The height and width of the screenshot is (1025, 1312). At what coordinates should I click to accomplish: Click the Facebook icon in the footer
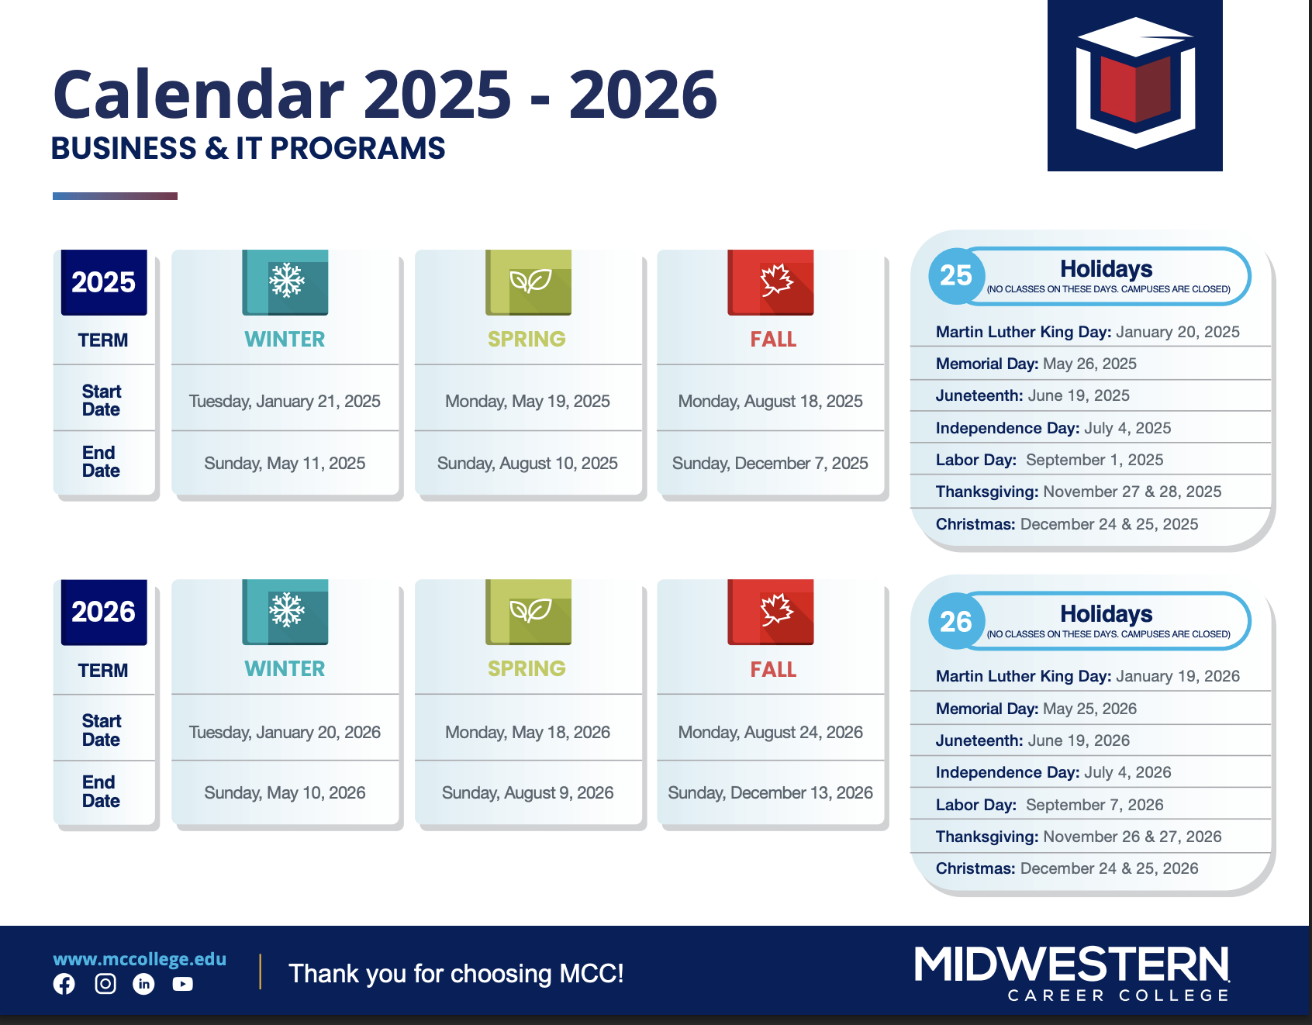pyautogui.click(x=64, y=984)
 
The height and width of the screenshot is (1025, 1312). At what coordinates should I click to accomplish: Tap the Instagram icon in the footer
pyautogui.click(x=105, y=984)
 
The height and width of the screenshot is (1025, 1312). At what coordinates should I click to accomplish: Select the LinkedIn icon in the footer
pyautogui.click(x=143, y=984)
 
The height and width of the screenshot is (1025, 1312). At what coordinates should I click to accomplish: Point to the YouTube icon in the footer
pyautogui.click(x=183, y=984)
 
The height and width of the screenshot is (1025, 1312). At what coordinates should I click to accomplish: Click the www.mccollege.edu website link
pyautogui.click(x=140, y=959)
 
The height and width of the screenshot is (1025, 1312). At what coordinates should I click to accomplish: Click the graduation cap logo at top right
pyautogui.click(x=1135, y=85)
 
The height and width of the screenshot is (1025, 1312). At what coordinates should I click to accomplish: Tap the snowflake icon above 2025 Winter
pyautogui.click(x=285, y=281)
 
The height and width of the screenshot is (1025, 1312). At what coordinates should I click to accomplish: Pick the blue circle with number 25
pyautogui.click(x=956, y=276)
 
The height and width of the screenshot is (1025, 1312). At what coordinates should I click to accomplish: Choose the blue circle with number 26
pyautogui.click(x=956, y=621)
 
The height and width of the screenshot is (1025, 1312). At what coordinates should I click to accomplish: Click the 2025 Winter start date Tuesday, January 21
pyautogui.click(x=285, y=402)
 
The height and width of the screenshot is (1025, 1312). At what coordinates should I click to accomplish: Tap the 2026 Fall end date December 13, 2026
pyautogui.click(x=770, y=793)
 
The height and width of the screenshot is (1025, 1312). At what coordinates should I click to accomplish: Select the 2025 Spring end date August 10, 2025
pyautogui.click(x=527, y=464)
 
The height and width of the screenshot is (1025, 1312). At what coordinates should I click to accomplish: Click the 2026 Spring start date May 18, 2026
pyautogui.click(x=527, y=733)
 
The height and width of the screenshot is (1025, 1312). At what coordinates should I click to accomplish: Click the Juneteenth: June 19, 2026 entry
pyautogui.click(x=1033, y=740)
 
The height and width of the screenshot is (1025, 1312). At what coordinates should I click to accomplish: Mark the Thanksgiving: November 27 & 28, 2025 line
pyautogui.click(x=1079, y=492)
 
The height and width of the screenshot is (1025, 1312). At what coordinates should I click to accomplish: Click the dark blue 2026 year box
pyautogui.click(x=104, y=612)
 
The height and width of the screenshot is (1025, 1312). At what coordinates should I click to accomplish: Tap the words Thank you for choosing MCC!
pyautogui.click(x=456, y=974)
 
